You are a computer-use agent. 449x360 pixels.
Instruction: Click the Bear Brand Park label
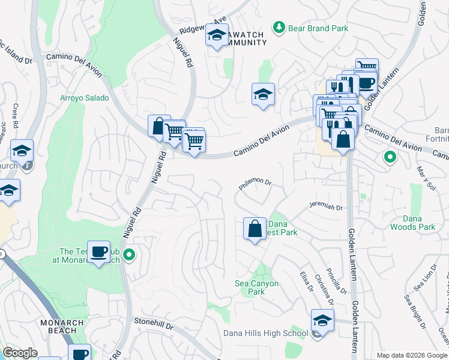[310, 28]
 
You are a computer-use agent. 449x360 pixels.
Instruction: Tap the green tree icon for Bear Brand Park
[279, 27]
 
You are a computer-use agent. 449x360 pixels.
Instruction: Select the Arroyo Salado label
[85, 98]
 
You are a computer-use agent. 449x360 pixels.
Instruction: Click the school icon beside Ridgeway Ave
[216, 35]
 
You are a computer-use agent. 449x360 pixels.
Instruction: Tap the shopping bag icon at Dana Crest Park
[255, 229]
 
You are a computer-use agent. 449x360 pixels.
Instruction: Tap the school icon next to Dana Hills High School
[322, 321]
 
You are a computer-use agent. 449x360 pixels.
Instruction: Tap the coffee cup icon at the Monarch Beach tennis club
[100, 251]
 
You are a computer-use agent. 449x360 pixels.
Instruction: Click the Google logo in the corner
[20, 353]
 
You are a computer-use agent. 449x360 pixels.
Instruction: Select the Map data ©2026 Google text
[411, 355]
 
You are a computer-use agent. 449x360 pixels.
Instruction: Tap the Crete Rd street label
[16, 115]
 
